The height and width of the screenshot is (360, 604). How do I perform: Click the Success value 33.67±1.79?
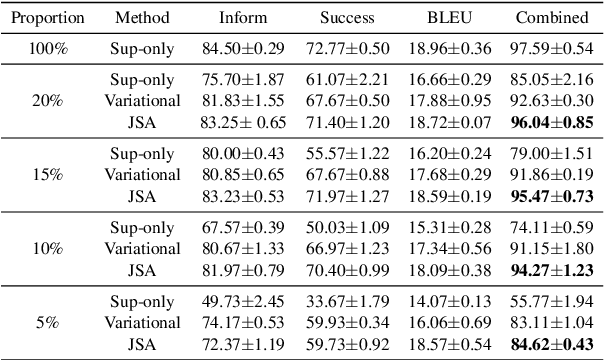(348, 299)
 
